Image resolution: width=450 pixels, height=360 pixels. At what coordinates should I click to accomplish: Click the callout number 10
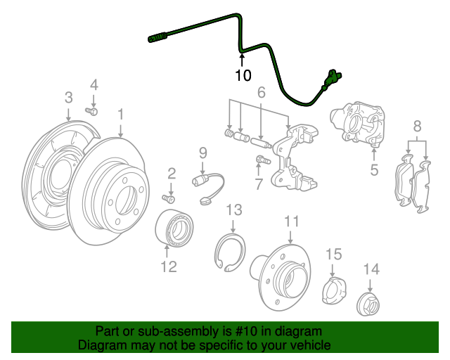click(243, 75)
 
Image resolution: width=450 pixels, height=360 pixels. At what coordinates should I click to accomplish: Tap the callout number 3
click(68, 96)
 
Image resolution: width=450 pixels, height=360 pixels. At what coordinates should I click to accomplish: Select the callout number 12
click(168, 266)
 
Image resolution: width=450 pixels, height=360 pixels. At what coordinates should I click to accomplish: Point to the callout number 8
click(417, 127)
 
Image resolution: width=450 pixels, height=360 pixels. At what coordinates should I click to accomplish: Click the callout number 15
click(333, 253)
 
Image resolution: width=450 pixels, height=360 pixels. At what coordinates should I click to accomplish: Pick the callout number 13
click(233, 210)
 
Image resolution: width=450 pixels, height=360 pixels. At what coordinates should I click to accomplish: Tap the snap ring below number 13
click(230, 255)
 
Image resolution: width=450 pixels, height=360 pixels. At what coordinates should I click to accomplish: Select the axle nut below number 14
click(370, 304)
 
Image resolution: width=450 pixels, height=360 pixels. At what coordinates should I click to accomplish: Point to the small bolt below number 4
click(92, 110)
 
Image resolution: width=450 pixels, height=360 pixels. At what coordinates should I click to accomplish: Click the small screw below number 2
click(169, 198)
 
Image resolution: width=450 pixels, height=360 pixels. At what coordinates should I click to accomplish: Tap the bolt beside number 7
click(262, 160)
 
